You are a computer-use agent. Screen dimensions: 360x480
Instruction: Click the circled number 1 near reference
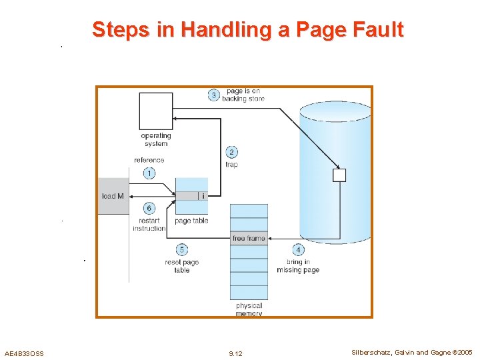pos(149,173)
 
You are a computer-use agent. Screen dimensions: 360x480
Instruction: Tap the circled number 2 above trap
pos(231,153)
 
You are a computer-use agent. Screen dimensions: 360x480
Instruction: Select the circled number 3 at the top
pos(214,95)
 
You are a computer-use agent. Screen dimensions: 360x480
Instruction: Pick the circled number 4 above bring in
pos(298,250)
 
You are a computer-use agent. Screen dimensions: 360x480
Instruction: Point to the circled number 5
pos(182,250)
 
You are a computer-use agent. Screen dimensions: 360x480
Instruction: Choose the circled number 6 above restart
pos(149,209)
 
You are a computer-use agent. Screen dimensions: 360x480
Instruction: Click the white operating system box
pos(155,111)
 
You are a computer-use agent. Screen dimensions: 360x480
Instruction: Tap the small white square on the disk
pos(339,175)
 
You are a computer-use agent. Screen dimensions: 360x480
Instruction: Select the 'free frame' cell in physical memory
pos(249,238)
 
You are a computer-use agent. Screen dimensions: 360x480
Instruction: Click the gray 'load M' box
pos(113,196)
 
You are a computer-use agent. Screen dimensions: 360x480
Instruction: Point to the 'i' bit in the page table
pos(203,196)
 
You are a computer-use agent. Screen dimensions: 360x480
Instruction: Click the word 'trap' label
pos(231,165)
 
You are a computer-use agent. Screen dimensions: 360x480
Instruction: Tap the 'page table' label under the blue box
pos(191,221)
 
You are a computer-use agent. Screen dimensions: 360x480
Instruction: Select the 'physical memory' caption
pos(249,309)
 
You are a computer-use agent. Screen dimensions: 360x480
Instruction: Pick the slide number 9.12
pos(235,353)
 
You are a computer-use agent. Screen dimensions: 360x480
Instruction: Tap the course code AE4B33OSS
pos(24,353)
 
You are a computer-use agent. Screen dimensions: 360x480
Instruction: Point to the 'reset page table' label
pos(182,266)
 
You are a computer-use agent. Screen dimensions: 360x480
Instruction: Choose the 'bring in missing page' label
pos(298,266)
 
